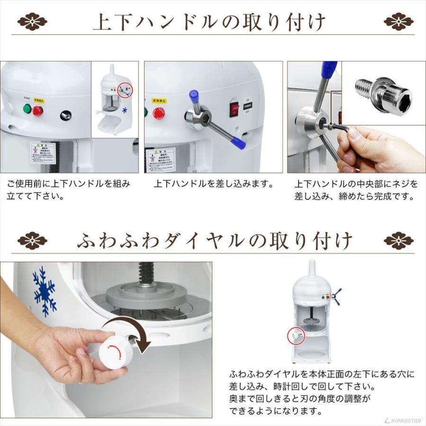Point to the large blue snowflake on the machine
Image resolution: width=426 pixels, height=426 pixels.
point(45,291)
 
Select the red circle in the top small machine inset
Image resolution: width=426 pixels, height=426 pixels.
point(126,89)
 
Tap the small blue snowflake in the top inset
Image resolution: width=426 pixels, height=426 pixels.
point(125,112)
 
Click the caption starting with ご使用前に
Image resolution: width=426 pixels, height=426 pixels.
point(69,189)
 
